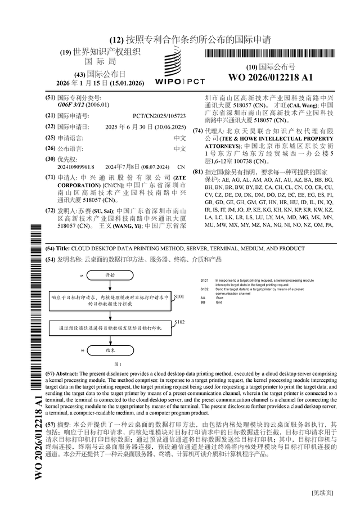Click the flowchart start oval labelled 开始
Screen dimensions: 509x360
click(110, 276)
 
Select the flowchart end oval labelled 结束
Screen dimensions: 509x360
click(110, 350)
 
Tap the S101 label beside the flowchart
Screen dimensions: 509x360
click(180, 296)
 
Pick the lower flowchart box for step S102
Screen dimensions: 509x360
click(110, 327)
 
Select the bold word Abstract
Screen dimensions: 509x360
click(67, 373)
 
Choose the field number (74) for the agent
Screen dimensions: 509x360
click(197, 130)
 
